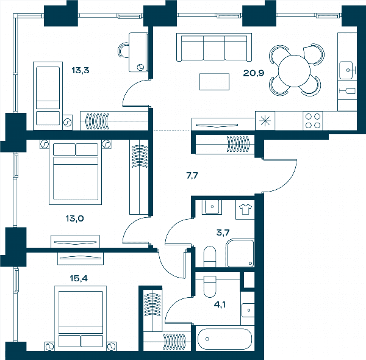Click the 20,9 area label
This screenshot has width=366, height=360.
coord(254,73)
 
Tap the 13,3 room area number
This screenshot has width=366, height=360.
coord(81,70)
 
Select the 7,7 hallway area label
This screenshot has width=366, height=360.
coord(192,175)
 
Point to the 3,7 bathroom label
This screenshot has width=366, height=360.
coord(223,232)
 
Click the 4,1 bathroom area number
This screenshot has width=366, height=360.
coord(220,304)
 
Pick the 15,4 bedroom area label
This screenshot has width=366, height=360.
coord(79,278)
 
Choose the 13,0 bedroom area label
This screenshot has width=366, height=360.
coord(74,218)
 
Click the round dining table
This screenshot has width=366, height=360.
coord(294,71)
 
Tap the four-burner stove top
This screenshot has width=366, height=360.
coord(313,121)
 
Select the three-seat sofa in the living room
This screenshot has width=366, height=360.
coord(214,47)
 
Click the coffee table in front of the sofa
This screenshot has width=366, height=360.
coord(214,82)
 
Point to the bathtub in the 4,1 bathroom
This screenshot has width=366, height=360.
coord(224,339)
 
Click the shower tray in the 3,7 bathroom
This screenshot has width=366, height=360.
coord(240,253)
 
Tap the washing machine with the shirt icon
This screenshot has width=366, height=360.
coord(245,209)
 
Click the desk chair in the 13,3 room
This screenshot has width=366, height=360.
coord(123,50)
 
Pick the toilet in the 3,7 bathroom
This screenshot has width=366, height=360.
coord(210,256)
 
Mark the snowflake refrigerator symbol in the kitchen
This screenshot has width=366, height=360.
coord(265,121)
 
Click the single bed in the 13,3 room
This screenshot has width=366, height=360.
coord(48,96)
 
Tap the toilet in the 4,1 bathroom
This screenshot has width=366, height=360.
coord(210,286)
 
